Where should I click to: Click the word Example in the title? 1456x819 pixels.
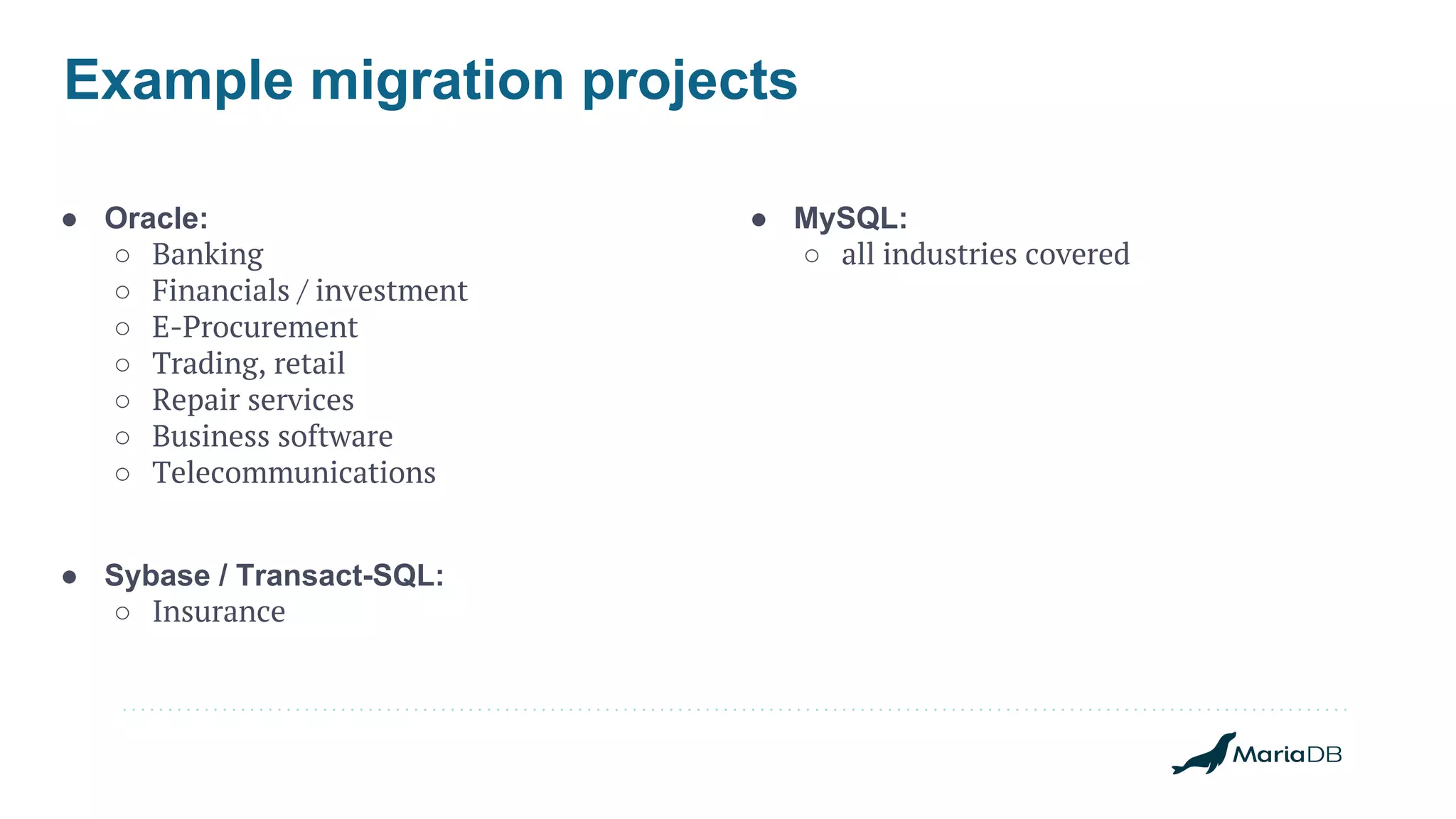pyautogui.click(x=178, y=80)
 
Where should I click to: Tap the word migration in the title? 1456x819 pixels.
pyautogui.click(x=437, y=80)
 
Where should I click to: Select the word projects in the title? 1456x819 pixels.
pyautogui.click(x=690, y=80)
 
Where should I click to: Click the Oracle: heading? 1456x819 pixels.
pyautogui.click(x=156, y=218)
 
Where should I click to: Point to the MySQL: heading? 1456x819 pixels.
pyautogui.click(x=850, y=218)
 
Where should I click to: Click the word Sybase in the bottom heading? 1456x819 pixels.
pyautogui.click(x=157, y=575)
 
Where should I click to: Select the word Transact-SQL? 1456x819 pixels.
pyautogui.click(x=340, y=575)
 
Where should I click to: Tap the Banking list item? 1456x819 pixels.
pyautogui.click(x=208, y=254)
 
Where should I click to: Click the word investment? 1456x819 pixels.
pyautogui.click(x=391, y=291)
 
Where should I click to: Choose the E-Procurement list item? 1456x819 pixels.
pyautogui.click(x=255, y=327)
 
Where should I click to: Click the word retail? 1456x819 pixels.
pyautogui.click(x=309, y=364)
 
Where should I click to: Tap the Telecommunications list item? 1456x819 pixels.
pyautogui.click(x=294, y=472)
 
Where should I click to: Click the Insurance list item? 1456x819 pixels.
pyautogui.click(x=218, y=612)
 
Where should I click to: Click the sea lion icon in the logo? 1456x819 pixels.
pyautogui.click(x=1204, y=755)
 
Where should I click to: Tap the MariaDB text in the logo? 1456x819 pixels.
pyautogui.click(x=1287, y=754)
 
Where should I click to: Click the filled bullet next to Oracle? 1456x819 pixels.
pyautogui.click(x=69, y=219)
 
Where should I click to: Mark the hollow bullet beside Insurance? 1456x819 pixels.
pyautogui.click(x=122, y=613)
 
